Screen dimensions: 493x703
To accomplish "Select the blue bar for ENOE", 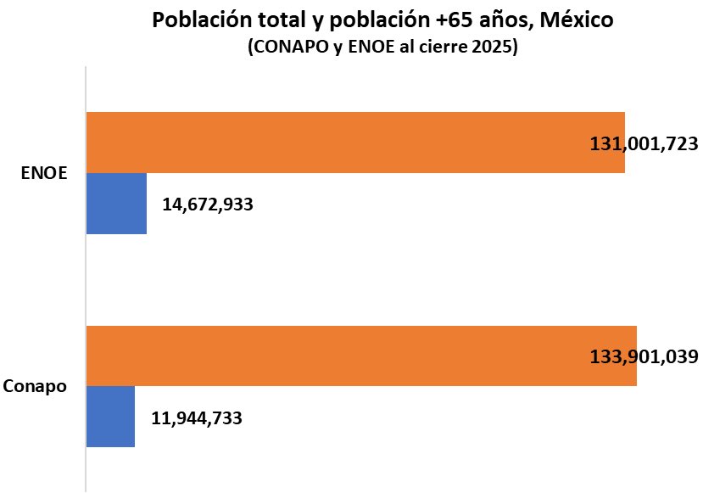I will [x=116, y=204].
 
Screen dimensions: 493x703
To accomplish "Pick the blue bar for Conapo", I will [x=110, y=417].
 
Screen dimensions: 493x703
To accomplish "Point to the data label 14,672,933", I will [x=207, y=204].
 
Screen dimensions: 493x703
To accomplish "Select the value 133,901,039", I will [x=644, y=356].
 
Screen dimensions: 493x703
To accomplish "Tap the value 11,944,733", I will [x=197, y=417].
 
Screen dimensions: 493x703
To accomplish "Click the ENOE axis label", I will [x=44, y=173].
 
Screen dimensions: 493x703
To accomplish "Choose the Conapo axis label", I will [x=36, y=386].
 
